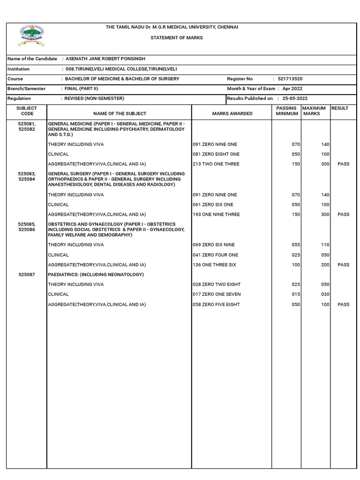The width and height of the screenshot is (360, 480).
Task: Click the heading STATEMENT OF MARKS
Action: [x=176, y=37]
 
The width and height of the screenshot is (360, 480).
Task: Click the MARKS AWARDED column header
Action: [x=232, y=113]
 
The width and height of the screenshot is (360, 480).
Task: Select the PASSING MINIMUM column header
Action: [x=286, y=111]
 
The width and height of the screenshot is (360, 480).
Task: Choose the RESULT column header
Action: [x=340, y=108]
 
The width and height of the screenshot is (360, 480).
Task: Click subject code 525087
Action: [x=27, y=275]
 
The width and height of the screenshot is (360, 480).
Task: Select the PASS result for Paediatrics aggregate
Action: [x=343, y=305]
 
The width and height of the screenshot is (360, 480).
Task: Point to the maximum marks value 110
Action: [x=325, y=245]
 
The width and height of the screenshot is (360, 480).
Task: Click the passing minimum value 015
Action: [x=295, y=294]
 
